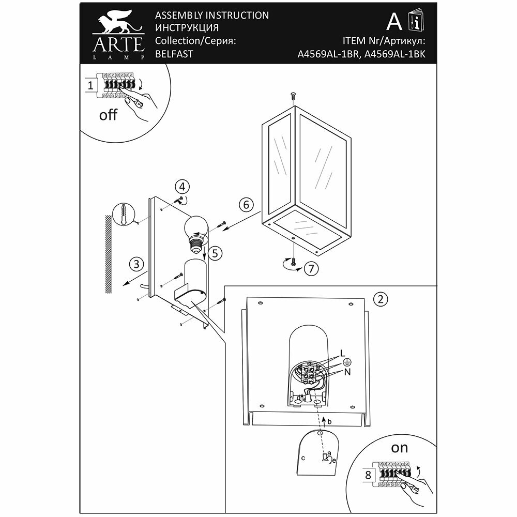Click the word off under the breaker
click(x=109, y=115)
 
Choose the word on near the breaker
click(x=400, y=448)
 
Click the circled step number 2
click(x=381, y=298)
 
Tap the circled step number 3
click(x=136, y=265)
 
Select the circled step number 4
click(x=181, y=187)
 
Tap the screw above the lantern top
click(x=292, y=96)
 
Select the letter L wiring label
click(x=343, y=353)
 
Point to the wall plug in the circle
click(x=123, y=213)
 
